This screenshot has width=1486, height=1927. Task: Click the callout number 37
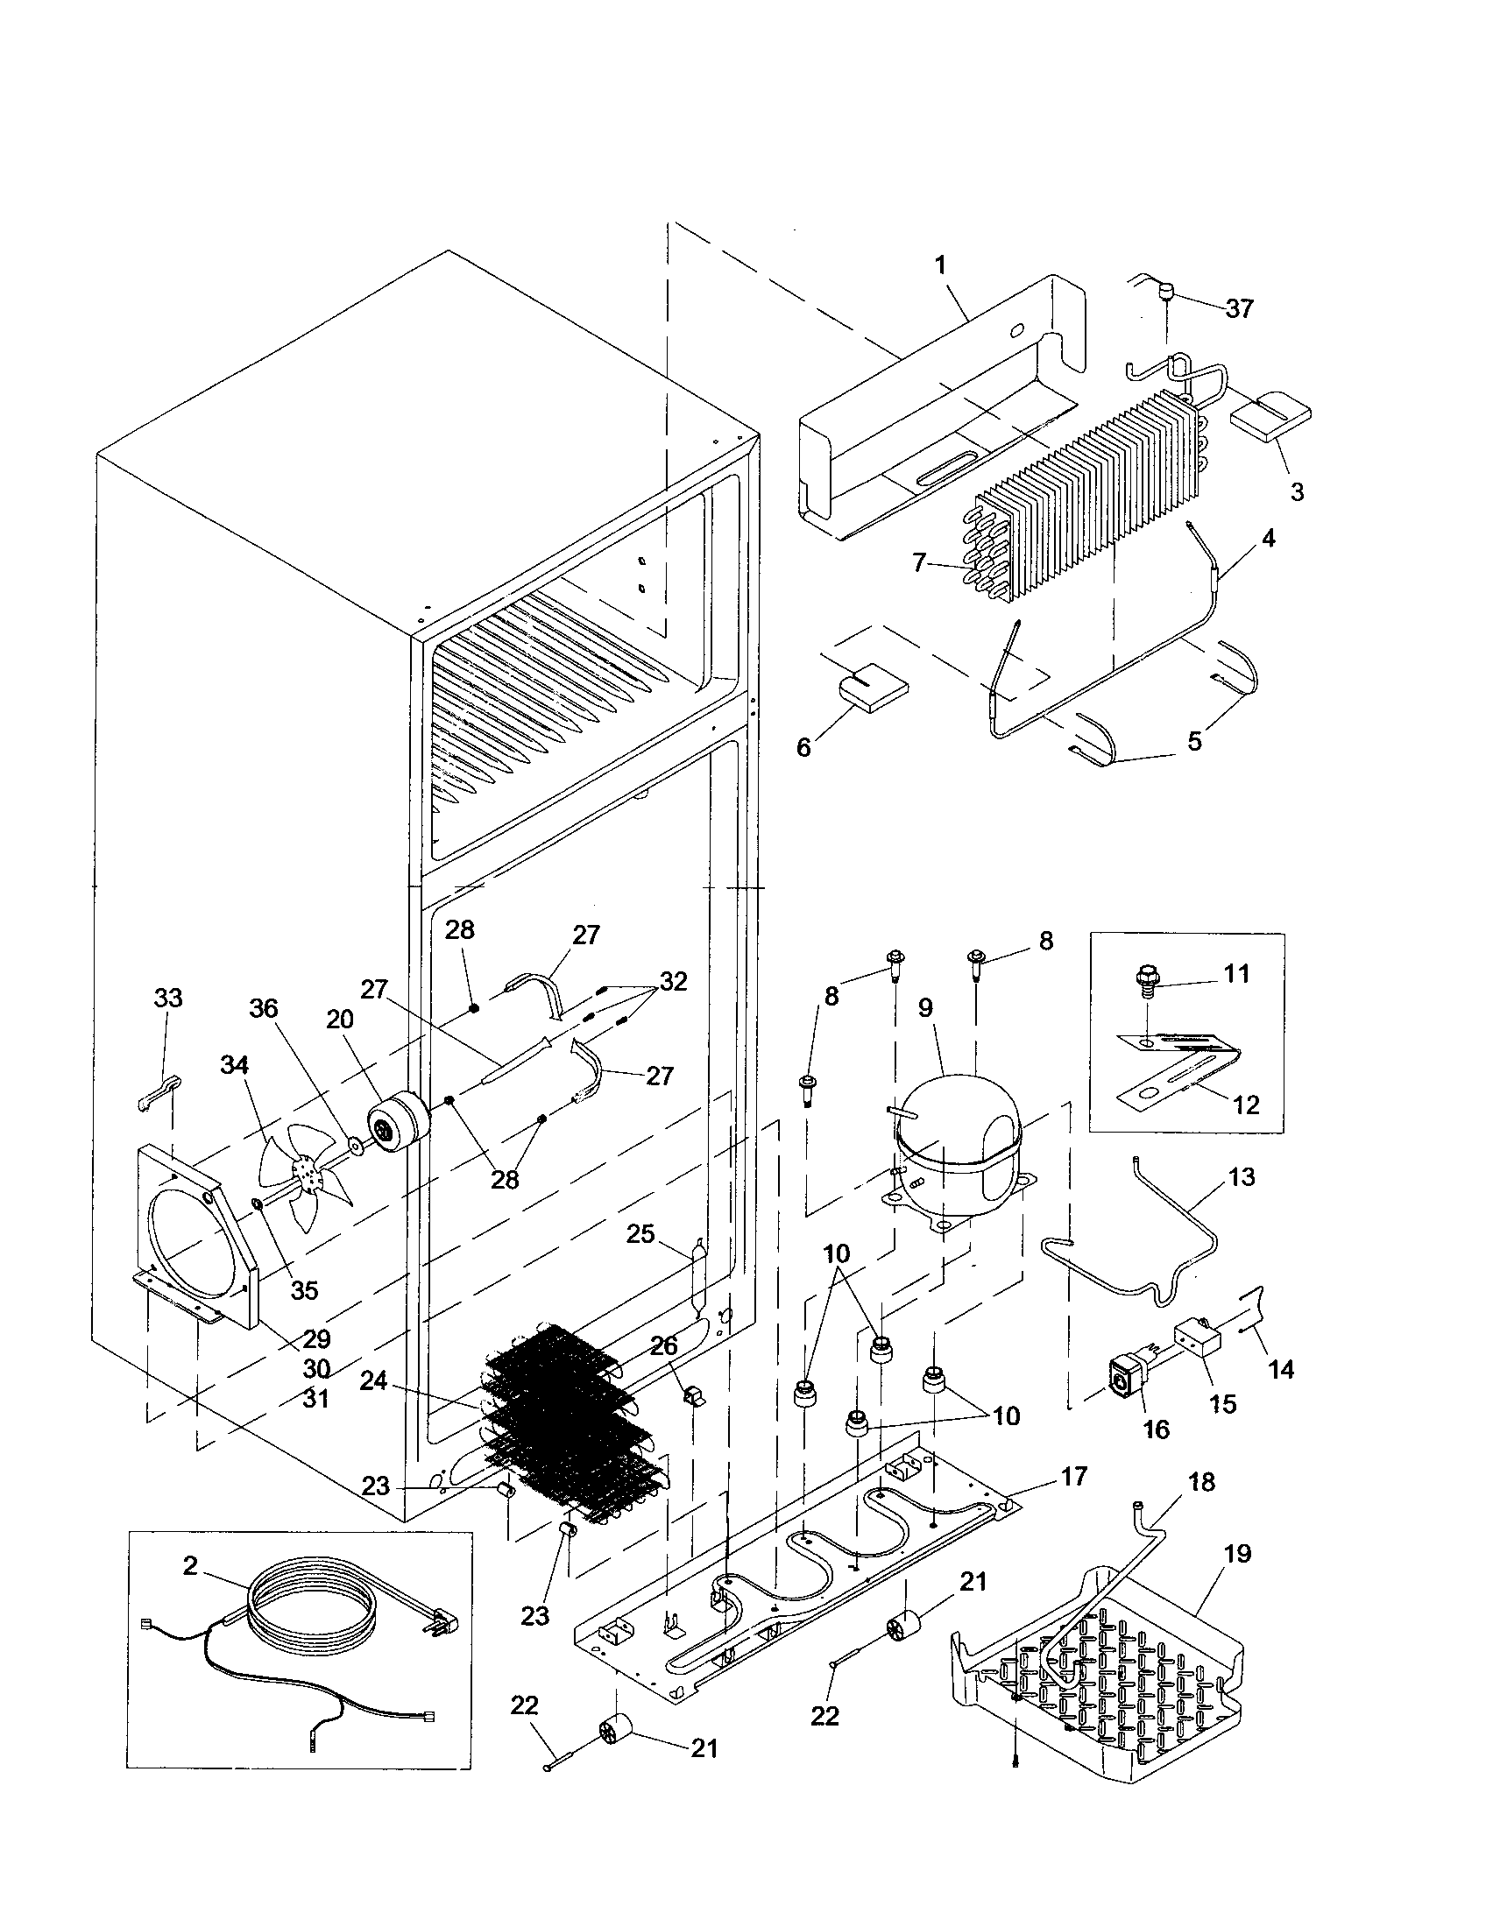pyautogui.click(x=1239, y=309)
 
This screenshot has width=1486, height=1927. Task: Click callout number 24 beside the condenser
pyautogui.click(x=373, y=1380)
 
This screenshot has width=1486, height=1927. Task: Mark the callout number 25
pyautogui.click(x=640, y=1233)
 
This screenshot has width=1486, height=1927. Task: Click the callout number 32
pyautogui.click(x=673, y=981)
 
